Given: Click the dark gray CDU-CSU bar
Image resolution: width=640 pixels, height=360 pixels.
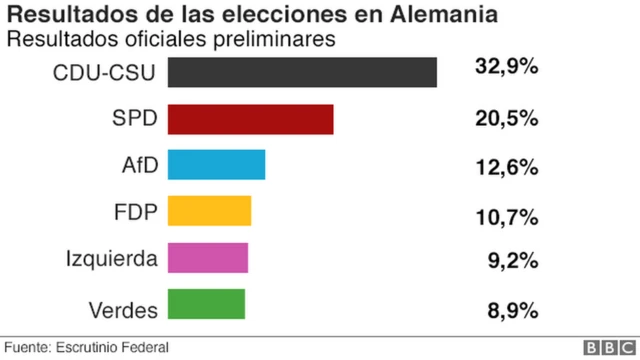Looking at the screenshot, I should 302,73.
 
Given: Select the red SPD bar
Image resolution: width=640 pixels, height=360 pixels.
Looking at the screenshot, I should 250,119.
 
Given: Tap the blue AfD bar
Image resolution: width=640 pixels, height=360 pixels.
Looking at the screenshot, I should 216,165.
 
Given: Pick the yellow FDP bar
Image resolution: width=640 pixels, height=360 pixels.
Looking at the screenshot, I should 209,212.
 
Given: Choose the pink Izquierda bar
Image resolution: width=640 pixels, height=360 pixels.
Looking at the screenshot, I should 207,258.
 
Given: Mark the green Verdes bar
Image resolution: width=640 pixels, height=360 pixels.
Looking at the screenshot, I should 206,304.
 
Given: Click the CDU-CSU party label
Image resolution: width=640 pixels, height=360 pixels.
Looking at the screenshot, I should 107,73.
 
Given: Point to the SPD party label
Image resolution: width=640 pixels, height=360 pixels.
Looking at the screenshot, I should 135,119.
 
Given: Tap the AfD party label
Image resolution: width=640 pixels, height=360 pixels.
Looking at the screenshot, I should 139,165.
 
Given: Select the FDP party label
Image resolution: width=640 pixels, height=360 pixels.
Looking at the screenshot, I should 136,212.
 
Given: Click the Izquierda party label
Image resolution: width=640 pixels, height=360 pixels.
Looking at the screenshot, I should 111,259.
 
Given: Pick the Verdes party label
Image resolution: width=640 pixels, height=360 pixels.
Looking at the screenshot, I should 123,311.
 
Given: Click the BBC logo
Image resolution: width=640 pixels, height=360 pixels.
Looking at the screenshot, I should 604,347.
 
